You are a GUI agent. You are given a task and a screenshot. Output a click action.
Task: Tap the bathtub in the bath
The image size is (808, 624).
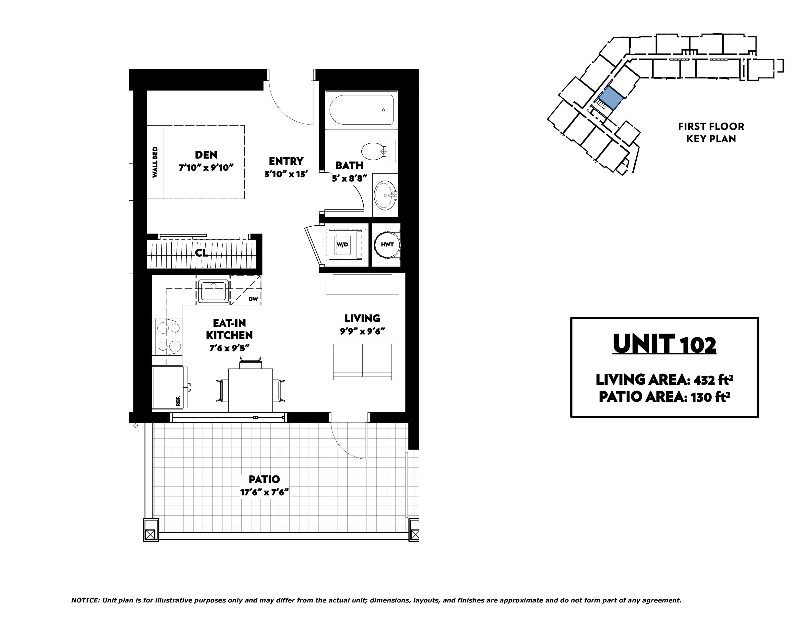(361, 110)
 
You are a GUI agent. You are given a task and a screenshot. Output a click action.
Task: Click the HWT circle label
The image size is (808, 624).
(387, 245)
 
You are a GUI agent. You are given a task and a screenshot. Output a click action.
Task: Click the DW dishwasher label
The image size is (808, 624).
(253, 299)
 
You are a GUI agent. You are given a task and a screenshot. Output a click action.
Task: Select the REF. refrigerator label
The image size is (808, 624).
(178, 401)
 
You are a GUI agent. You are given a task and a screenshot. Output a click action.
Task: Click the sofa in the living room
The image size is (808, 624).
(362, 362)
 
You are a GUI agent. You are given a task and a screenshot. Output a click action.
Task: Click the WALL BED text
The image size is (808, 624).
(155, 162)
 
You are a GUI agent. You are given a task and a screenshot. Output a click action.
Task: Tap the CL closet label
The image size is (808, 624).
(202, 253)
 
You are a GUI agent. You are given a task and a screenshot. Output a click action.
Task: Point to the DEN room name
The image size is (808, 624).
(206, 154)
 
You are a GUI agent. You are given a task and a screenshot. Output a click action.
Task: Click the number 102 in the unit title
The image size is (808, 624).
(698, 345)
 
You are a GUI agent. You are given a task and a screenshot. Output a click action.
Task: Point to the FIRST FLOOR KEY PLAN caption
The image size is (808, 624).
(711, 132)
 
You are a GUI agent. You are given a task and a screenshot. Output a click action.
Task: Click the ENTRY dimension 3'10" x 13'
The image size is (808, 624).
(286, 174)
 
